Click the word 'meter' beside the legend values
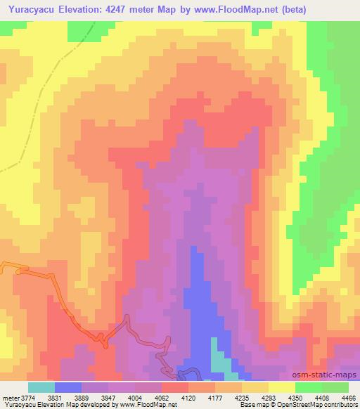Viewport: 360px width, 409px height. tap(10, 397)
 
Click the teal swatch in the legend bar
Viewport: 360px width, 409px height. tap(41, 387)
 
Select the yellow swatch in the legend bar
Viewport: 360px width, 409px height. tap(282, 387)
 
